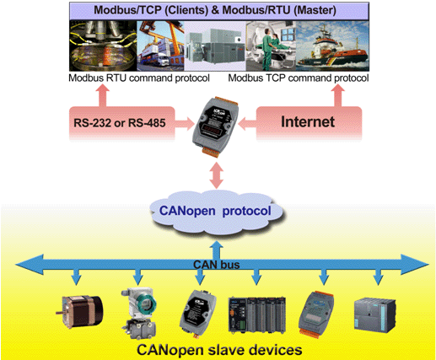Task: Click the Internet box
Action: click(309, 123)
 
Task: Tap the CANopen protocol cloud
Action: click(216, 211)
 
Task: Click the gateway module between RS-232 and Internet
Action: click(216, 126)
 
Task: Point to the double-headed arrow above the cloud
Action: click(216, 175)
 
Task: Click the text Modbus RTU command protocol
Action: click(139, 78)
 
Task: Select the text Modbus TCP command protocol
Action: click(299, 78)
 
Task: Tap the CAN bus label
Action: click(217, 265)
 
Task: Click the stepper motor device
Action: click(79, 312)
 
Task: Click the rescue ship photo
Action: click(332, 46)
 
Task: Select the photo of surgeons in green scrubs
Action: click(271, 46)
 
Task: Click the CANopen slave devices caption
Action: click(219, 350)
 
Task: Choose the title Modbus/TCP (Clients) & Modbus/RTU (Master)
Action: click(215, 10)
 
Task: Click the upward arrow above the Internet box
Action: click(337, 95)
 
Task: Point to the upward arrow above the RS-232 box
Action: click(102, 95)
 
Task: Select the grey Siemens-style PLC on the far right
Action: click(375, 314)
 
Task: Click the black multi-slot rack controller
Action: click(257, 314)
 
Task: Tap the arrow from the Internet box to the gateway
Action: click(247, 123)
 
